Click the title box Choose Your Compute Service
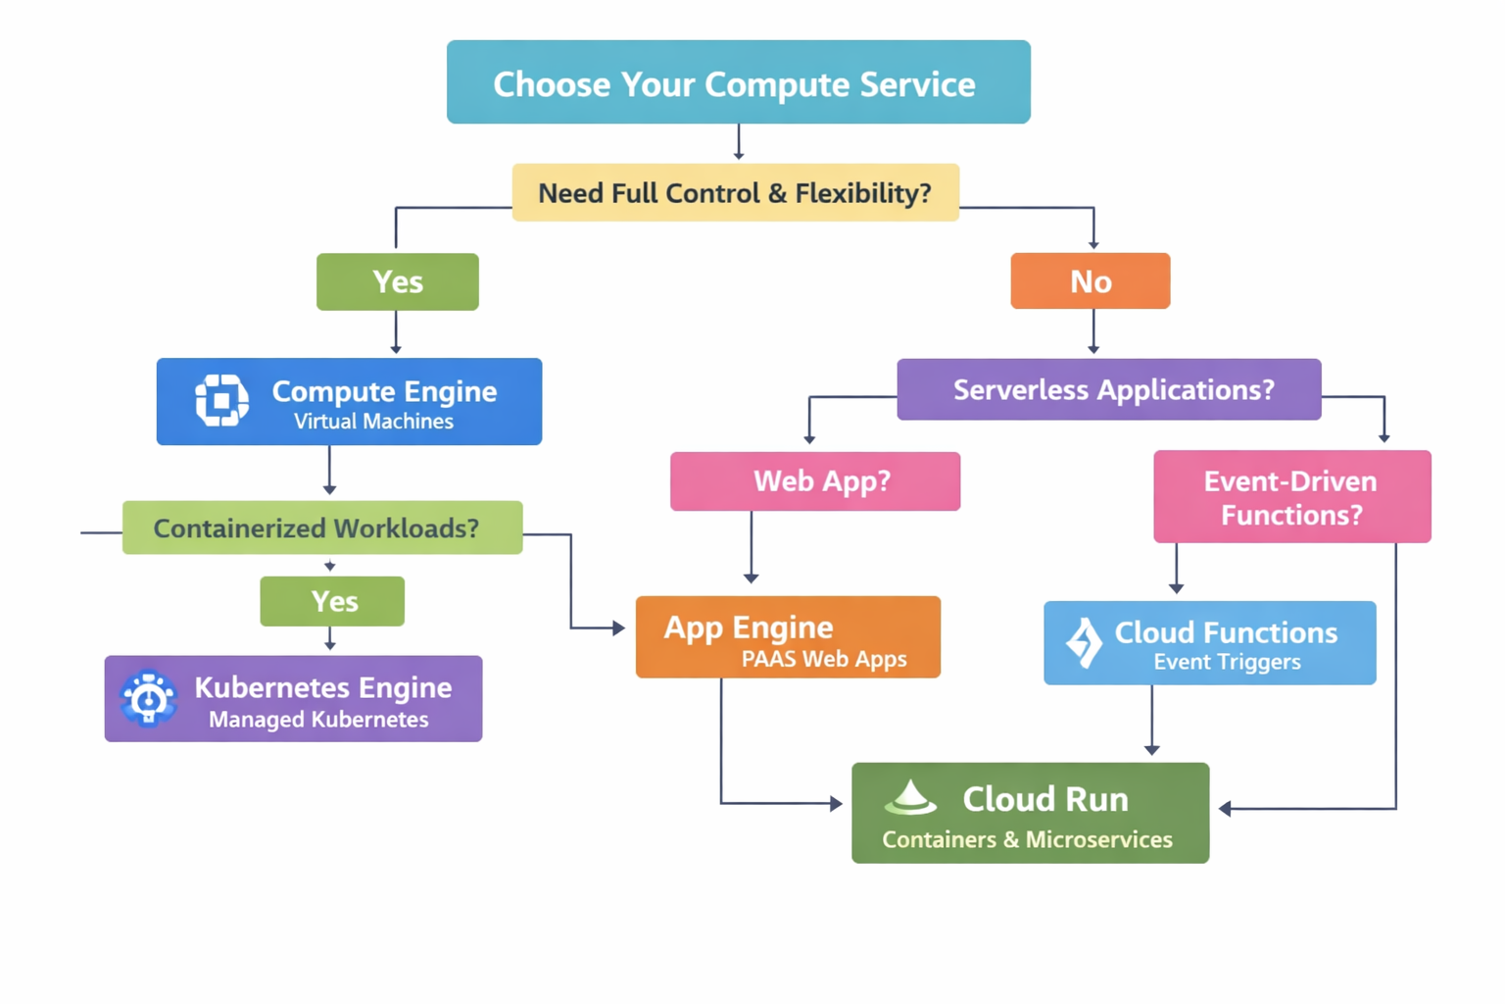pos(738,82)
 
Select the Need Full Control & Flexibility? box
pos(735,193)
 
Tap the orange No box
pos(1090,281)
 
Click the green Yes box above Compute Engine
pos(397,282)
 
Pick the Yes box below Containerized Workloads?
pos(332,601)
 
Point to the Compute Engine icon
pos(221,400)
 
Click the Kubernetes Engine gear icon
pos(149,699)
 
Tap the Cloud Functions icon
pos(1084,642)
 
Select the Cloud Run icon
pos(910,799)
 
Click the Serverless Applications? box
pos(1108,390)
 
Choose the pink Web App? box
pos(814,481)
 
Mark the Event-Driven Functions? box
pos(1291,497)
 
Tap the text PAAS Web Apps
pos(823,659)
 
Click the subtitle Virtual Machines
pos(373,422)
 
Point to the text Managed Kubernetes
pos(318,720)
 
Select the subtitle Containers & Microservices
pos(1027,839)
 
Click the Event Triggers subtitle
pos(1227,662)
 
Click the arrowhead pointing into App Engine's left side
pos(618,627)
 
